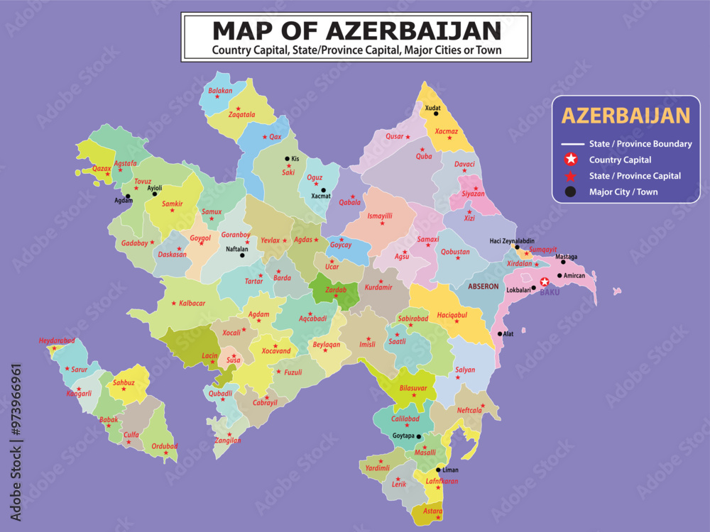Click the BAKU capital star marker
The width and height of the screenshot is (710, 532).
[x=545, y=282]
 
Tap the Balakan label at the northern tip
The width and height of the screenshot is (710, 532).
[x=220, y=91]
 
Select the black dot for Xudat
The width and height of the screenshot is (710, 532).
[x=436, y=113]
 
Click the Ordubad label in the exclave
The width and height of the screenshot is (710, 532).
[x=165, y=445]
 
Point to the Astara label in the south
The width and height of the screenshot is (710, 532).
[x=432, y=511]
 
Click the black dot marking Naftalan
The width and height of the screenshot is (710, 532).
[x=242, y=255]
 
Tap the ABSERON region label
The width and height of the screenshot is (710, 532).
[x=483, y=286]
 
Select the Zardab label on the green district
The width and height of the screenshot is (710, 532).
[x=335, y=291]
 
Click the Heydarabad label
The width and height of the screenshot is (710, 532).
[x=57, y=340]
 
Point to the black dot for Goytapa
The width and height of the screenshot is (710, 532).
[x=419, y=437]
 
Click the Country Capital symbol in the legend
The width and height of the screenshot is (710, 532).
[x=572, y=160]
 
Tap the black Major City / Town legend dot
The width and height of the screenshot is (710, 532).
[x=572, y=192]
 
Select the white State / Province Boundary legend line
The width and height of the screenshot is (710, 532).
[x=572, y=144]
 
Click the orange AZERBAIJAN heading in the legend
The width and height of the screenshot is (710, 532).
[x=626, y=116]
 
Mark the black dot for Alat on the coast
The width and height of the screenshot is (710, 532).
[x=500, y=333]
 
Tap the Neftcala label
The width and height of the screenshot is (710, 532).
[x=469, y=410]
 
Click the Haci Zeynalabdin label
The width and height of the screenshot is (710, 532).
[x=512, y=240]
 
